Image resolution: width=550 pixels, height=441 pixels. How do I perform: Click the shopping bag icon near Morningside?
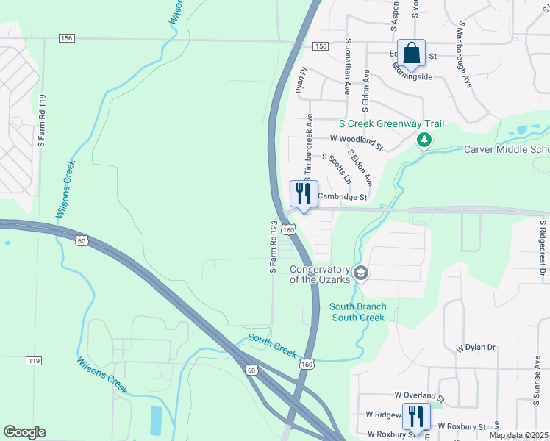click(x=412, y=53)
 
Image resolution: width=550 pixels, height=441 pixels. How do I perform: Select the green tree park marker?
click(x=424, y=139)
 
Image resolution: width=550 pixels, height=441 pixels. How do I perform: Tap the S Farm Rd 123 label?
click(x=274, y=247)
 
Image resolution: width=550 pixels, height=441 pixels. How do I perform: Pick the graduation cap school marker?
click(x=360, y=273)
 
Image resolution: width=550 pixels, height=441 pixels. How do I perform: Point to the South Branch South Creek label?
click(x=357, y=312)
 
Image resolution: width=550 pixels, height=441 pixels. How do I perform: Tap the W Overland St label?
click(x=420, y=396)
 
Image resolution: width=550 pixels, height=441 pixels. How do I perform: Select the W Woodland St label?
click(x=357, y=141)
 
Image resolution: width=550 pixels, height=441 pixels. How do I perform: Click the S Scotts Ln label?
click(x=336, y=168)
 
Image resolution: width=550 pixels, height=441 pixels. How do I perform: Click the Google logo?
click(x=24, y=432)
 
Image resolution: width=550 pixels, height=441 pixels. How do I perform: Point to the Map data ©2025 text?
click(x=518, y=435)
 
